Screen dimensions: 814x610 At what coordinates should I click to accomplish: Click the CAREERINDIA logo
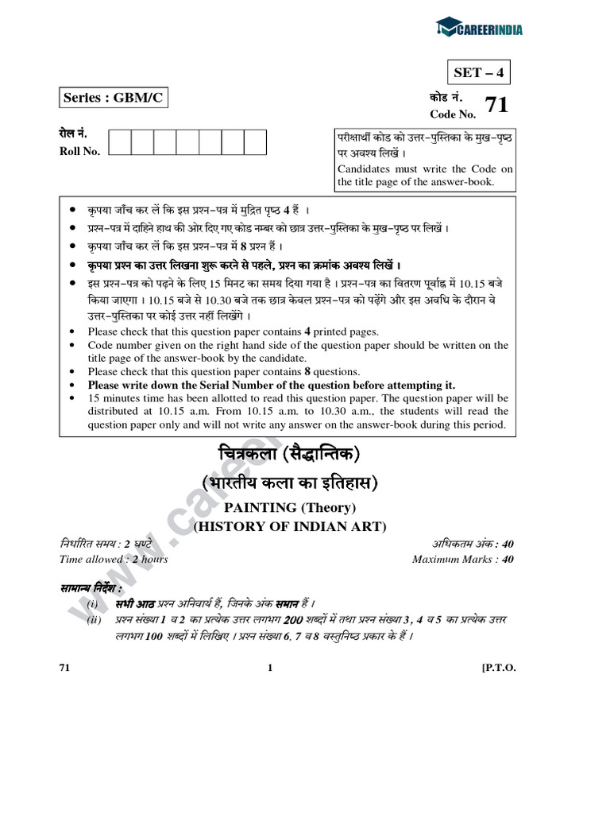[479, 29]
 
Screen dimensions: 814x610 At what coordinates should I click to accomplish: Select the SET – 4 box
[478, 73]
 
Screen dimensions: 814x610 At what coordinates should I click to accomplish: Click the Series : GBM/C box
[114, 99]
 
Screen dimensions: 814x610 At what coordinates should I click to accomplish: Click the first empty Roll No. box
[119, 143]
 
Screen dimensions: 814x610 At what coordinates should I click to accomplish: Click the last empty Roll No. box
[255, 143]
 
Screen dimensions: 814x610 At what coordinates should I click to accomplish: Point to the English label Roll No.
[79, 152]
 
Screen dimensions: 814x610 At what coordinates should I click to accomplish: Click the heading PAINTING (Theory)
[289, 507]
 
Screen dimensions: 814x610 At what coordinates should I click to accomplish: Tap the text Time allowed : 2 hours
[114, 559]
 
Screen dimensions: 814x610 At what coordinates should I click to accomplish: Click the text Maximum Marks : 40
[463, 559]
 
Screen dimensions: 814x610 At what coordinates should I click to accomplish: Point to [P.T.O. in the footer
[499, 668]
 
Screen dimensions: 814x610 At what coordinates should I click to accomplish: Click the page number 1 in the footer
[270, 668]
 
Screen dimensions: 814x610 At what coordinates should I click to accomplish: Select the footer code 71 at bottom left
[65, 668]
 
